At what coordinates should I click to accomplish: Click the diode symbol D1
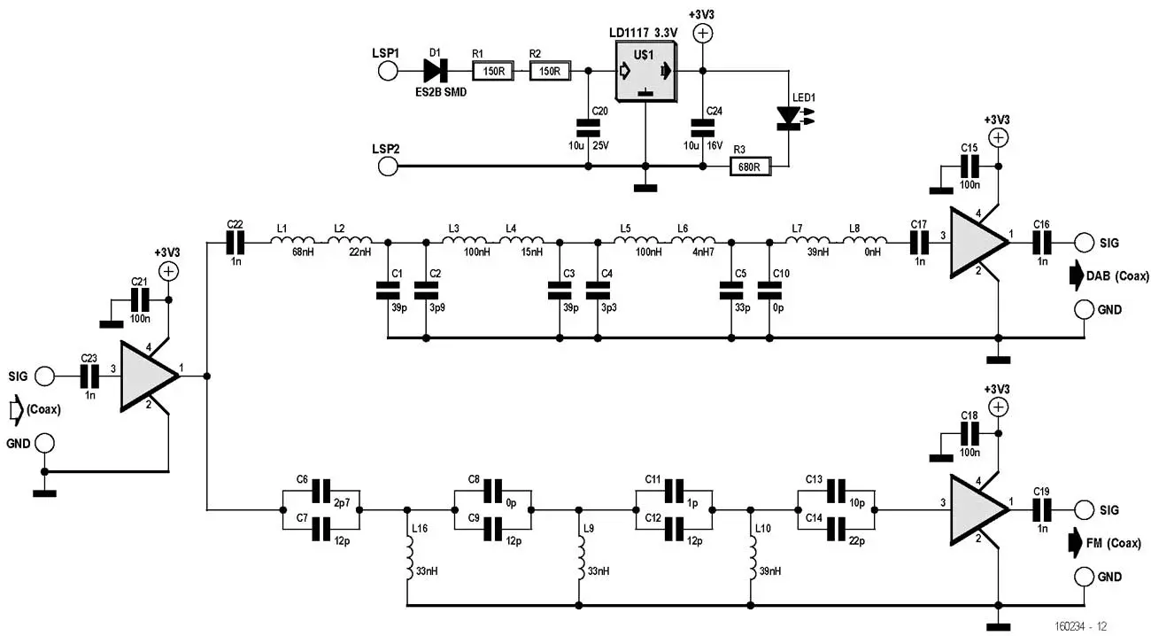[438, 71]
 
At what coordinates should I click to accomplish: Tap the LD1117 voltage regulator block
[645, 73]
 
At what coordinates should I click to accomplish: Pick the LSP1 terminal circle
[388, 71]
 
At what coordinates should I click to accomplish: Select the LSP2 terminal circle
[388, 166]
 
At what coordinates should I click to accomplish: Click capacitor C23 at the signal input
[89, 376]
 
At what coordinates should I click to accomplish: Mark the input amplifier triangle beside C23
[148, 376]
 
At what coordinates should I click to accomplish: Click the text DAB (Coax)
[1118, 276]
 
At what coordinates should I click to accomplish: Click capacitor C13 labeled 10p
[836, 490]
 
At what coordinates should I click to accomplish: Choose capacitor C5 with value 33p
[731, 289]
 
